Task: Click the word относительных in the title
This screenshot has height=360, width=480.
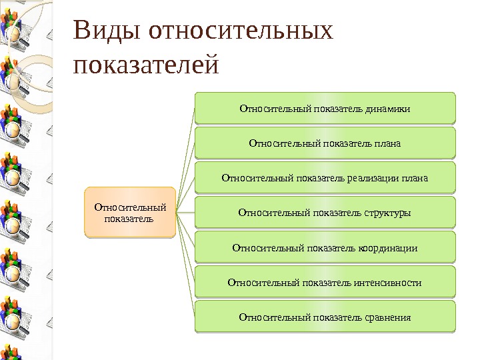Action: click(241, 31)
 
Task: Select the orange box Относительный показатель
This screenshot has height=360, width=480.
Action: click(129, 213)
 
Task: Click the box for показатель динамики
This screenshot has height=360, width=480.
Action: click(325, 108)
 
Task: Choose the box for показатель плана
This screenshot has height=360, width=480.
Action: click(325, 143)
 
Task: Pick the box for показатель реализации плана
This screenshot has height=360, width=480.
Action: click(325, 178)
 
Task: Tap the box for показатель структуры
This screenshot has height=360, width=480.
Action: click(325, 213)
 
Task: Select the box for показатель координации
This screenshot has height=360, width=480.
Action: click(325, 248)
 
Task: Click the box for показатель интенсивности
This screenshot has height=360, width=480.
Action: click(325, 283)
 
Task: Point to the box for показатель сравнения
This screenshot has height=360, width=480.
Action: click(325, 317)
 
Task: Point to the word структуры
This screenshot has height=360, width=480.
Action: click(387, 213)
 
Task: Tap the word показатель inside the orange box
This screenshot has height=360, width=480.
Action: click(129, 219)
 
